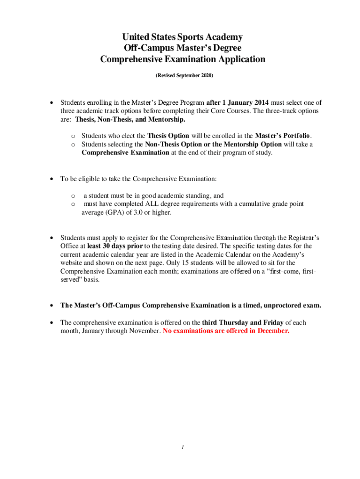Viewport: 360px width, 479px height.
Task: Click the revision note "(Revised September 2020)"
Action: (x=183, y=75)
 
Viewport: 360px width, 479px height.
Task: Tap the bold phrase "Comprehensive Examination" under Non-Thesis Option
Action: (x=125, y=152)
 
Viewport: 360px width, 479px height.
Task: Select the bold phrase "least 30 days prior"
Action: (x=115, y=246)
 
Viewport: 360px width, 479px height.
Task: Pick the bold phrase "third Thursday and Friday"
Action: (x=243, y=323)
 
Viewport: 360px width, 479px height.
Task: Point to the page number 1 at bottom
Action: (x=183, y=447)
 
